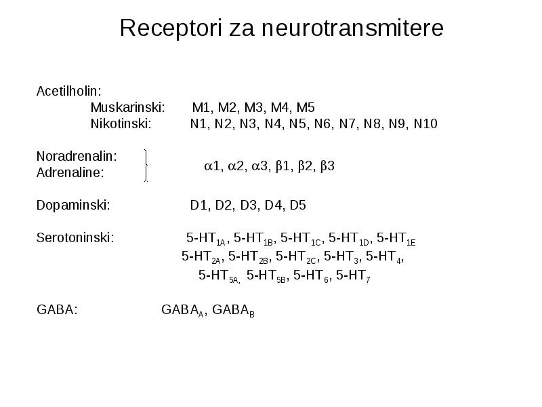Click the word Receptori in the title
point(171,28)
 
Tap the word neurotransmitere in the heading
point(352,28)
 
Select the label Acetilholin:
point(69,92)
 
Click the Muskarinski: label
point(127,108)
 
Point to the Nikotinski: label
point(121,123)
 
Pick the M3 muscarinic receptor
point(253,108)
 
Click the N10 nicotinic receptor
point(425,123)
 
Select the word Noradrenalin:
point(77,157)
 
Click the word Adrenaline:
point(70,172)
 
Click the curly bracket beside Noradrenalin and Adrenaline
point(146,166)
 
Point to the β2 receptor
point(305,166)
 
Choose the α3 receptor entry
point(259,166)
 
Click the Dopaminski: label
point(73,206)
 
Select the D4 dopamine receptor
point(273,206)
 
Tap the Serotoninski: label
point(75,238)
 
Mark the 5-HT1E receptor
point(396,239)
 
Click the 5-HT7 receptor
point(353,276)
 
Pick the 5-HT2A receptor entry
point(201,257)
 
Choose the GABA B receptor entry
point(233,311)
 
